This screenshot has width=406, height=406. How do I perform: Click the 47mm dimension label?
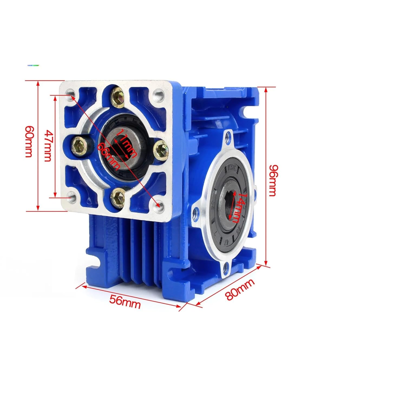coord(48,146)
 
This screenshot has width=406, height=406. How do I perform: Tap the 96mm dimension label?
coord(272,181)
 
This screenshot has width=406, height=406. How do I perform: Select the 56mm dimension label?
coord(125,301)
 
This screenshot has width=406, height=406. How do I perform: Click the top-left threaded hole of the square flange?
coord(71,94)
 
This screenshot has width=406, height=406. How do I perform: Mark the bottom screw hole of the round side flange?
coord(225,268)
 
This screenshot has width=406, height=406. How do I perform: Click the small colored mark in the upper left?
coord(33,65)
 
